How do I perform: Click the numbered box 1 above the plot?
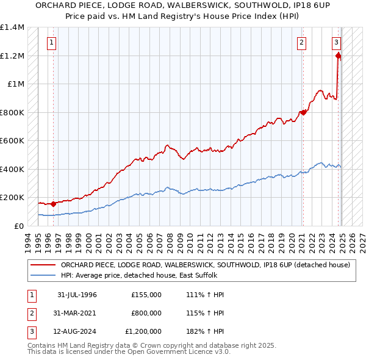tap(51, 43)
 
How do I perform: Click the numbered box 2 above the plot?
tap(301, 43)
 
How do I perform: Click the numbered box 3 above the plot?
tap(336, 43)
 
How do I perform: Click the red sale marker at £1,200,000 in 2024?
tap(338, 56)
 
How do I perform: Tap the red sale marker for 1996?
tap(53, 204)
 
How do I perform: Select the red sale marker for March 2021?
tap(303, 112)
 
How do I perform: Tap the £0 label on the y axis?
tap(18, 226)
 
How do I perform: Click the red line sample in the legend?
tap(43, 265)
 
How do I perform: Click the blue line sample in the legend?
tap(43, 275)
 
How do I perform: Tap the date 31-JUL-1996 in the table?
tap(77, 295)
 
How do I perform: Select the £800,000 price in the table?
tap(146, 313)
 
